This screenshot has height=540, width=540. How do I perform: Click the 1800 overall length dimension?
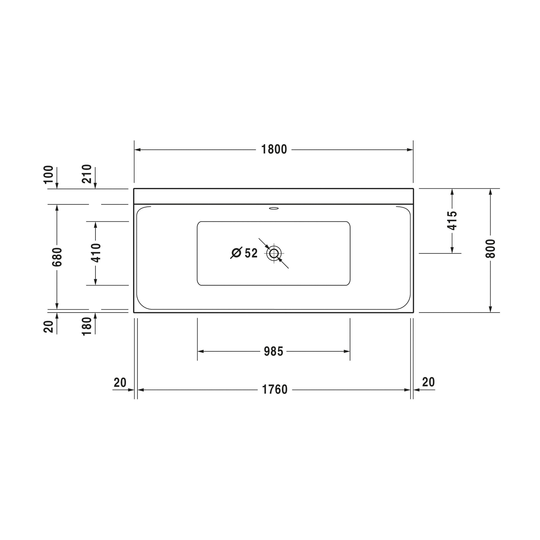[274, 149]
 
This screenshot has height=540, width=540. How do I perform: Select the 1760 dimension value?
[275, 390]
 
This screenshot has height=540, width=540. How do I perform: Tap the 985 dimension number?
[274, 351]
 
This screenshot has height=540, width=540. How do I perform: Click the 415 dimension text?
[452, 221]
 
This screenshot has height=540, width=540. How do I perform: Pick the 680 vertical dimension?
[57, 257]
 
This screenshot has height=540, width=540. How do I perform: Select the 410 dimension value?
[96, 253]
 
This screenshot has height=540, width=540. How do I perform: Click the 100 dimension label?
[48, 174]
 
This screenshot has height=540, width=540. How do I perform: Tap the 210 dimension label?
[87, 174]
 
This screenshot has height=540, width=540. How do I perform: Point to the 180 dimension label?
[87, 326]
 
